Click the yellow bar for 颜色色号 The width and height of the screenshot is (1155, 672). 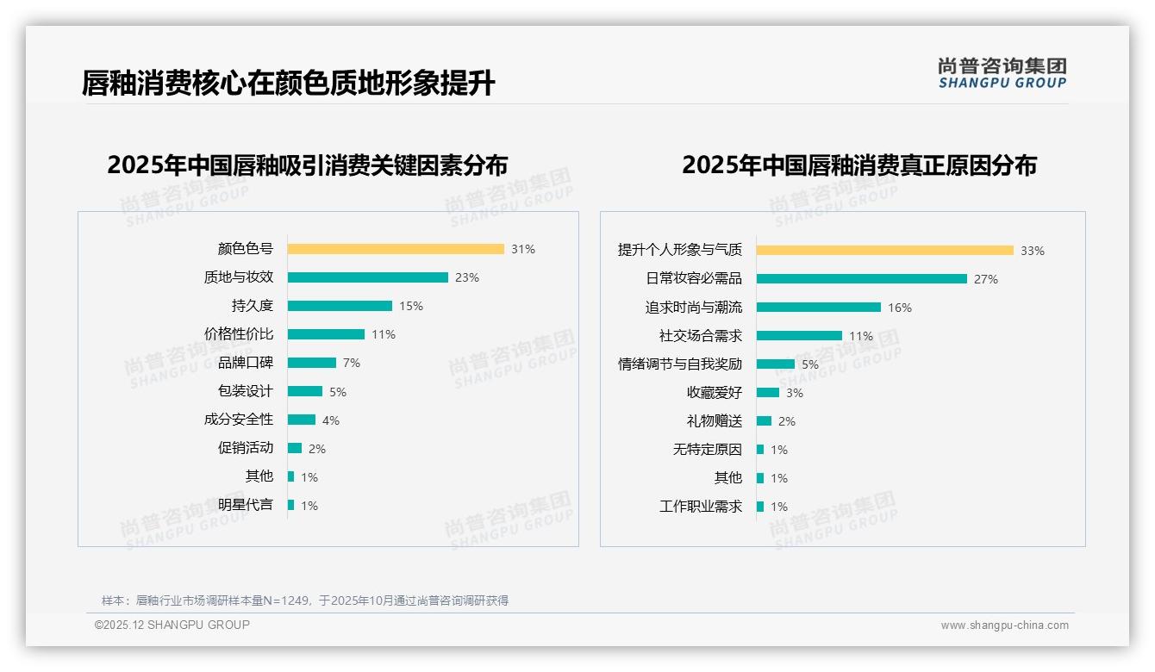point(396,249)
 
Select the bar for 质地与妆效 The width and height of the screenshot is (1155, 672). point(368,277)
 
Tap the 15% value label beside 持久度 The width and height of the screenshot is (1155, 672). point(411,306)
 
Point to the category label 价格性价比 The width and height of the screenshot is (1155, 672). point(239,334)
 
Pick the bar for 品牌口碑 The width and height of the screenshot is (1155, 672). point(312,363)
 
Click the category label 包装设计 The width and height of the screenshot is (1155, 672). point(246,391)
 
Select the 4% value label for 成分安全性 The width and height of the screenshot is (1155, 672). point(331,420)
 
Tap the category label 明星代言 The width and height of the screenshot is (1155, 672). point(246,505)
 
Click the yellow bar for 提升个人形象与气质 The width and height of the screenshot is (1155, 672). point(885,251)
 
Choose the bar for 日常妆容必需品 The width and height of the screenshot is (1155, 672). point(862,279)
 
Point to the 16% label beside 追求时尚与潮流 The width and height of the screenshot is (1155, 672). point(900,308)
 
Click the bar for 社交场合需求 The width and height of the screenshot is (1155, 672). point(799,336)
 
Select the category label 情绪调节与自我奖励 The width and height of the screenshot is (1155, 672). point(680,364)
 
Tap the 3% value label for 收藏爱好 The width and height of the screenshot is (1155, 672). point(794,393)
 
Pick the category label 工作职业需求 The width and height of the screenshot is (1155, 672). point(701,507)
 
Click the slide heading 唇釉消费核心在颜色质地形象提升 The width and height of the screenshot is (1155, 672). point(288,84)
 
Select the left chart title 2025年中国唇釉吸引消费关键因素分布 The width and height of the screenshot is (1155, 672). point(308,165)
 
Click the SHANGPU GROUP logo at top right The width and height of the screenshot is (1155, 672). point(1002,73)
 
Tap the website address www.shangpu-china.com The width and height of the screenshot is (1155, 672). point(1004,625)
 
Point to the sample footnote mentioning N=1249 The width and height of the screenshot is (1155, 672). point(305,600)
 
